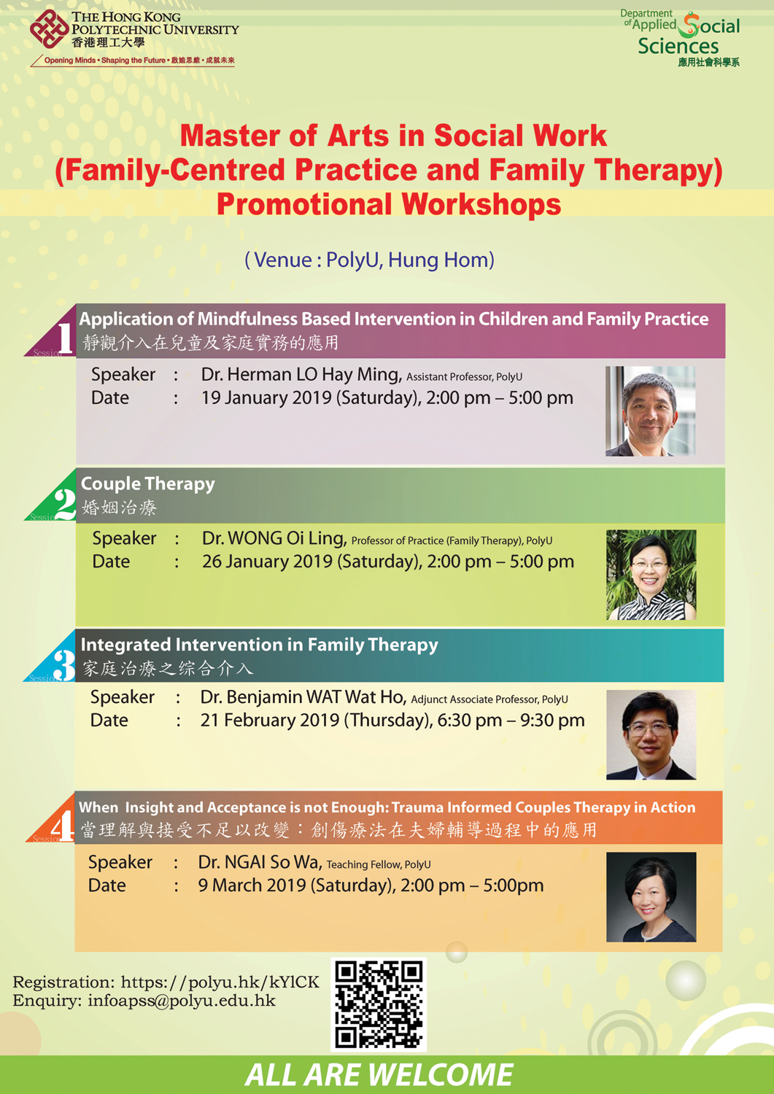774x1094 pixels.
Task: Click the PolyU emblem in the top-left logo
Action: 49,29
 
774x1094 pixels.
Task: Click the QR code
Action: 379,1004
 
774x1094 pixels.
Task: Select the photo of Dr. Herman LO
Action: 650,411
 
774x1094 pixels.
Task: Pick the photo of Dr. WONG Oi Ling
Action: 651,575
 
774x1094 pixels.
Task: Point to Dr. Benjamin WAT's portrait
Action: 651,734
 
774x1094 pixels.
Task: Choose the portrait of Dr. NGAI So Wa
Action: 651,896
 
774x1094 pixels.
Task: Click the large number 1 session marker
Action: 66,338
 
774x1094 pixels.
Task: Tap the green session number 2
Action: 65,503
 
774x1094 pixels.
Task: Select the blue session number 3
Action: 64,664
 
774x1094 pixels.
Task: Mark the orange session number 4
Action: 63,826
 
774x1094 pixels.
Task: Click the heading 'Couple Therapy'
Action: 147,484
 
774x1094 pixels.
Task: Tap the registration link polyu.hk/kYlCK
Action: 220,982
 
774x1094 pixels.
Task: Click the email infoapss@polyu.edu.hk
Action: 182,1001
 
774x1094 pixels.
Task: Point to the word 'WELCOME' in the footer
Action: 440,1075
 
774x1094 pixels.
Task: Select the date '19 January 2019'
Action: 266,398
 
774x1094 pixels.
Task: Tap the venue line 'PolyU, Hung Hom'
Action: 409,260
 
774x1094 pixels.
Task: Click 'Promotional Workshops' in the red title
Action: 388,204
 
